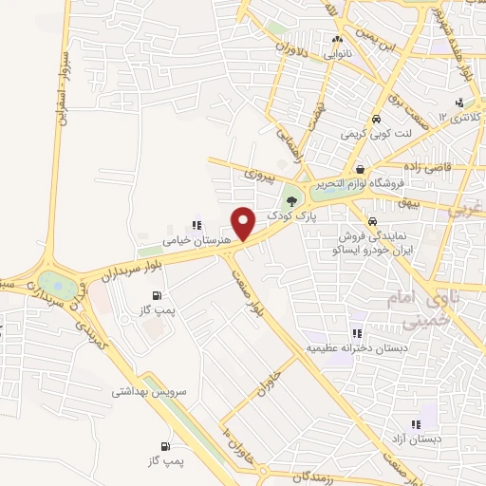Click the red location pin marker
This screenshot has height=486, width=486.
click(x=245, y=223)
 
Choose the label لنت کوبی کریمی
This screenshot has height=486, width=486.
click(x=376, y=135)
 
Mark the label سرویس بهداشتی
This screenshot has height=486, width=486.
click(x=150, y=391)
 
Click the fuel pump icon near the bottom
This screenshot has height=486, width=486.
click(x=167, y=445)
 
